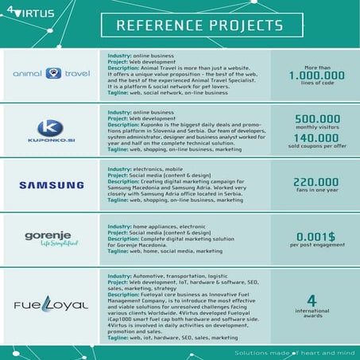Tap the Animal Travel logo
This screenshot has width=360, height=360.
point(53,73)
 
